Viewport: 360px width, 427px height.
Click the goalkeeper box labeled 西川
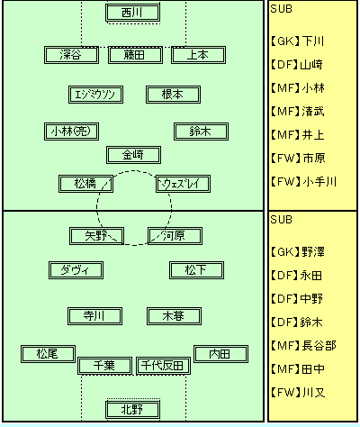point(132,13)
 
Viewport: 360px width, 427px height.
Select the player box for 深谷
point(71,55)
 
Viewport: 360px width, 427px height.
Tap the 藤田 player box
point(135,55)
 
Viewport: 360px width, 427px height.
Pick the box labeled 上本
point(198,55)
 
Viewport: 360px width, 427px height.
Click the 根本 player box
point(173,95)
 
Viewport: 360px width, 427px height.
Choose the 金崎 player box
point(133,155)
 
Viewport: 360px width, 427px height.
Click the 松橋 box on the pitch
point(85,184)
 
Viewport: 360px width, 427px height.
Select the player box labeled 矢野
point(96,236)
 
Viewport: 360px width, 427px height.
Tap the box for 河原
point(175,236)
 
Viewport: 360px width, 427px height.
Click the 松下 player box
point(196,270)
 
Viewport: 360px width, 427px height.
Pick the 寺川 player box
point(94,316)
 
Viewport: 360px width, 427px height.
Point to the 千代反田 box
point(163,366)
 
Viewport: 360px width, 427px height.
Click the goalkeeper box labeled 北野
point(132,410)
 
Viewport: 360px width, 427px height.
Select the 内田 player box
point(220,354)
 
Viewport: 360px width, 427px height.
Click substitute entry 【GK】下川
point(297,41)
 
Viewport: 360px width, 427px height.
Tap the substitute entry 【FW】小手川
point(303,182)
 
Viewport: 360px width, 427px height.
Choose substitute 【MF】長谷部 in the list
point(303,346)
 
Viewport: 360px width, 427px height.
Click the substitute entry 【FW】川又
point(297,393)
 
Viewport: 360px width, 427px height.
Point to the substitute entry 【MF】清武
point(297,112)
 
